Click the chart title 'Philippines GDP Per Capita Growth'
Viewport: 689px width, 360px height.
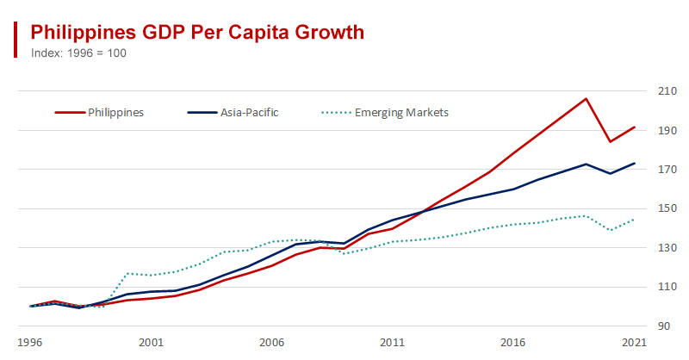[x=197, y=32]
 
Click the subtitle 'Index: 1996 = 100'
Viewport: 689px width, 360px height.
[x=79, y=53]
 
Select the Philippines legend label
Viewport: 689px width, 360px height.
[x=115, y=112]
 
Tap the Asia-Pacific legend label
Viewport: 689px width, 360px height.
[x=249, y=112]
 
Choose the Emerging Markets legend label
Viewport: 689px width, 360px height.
[x=401, y=112]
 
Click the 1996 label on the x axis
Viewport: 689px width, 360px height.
[x=30, y=342]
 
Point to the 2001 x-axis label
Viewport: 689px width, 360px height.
[x=151, y=342]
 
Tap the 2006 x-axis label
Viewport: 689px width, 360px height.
[x=272, y=342]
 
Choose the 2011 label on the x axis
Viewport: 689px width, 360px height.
[x=393, y=342]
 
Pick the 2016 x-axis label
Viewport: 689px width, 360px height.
[x=514, y=342]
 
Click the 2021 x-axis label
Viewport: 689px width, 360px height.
[x=634, y=342]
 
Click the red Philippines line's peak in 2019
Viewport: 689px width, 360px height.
[x=586, y=98]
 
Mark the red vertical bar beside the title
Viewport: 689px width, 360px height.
[x=16, y=40]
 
